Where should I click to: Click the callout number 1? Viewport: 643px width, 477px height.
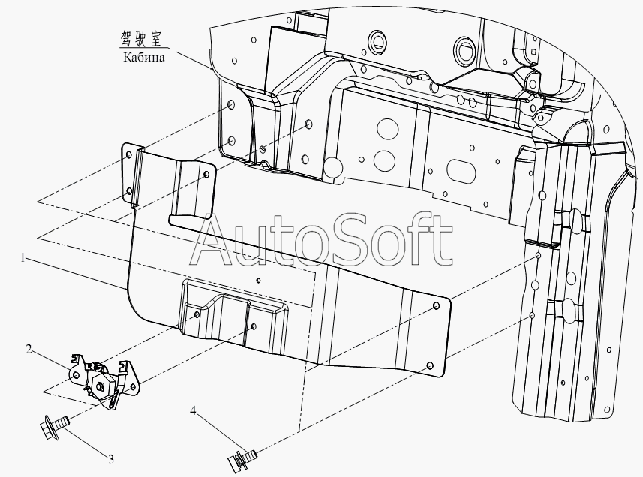[24, 258]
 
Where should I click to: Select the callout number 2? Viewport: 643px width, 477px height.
[29, 349]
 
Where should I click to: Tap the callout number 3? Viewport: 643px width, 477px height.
[111, 460]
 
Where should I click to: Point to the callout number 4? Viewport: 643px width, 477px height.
[193, 410]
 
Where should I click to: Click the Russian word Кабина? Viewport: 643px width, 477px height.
[144, 57]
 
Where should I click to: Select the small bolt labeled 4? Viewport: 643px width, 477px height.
[242, 457]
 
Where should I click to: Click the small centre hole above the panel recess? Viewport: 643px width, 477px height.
[258, 280]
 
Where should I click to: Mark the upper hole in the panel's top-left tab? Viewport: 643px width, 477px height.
[128, 155]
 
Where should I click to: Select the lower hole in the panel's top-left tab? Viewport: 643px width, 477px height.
[129, 191]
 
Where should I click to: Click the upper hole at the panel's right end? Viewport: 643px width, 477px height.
[437, 306]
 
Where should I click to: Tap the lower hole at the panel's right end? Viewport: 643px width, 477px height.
[430, 365]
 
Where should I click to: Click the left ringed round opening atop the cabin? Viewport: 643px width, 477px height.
[377, 40]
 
